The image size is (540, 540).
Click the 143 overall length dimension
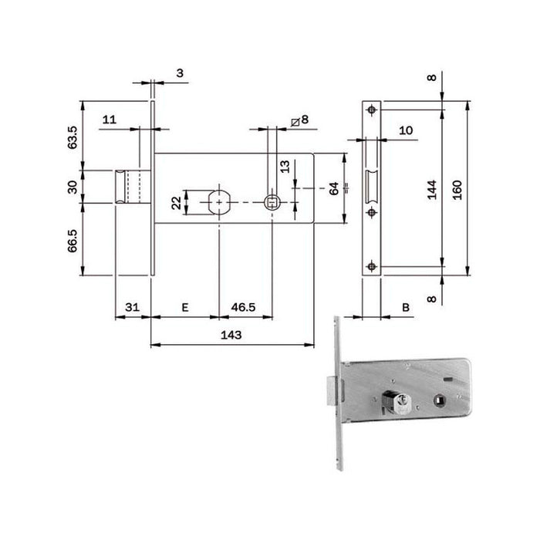[x=231, y=335]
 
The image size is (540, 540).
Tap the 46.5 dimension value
[x=243, y=307]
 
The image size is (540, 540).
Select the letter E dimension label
[x=185, y=307]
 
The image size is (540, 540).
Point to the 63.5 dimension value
[x=73, y=137]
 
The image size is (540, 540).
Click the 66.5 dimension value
[x=73, y=241]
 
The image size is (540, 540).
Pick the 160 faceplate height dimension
[x=457, y=190]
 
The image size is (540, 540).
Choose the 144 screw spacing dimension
[x=432, y=190]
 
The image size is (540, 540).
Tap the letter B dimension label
[x=406, y=307]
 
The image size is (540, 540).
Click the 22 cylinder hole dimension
[x=177, y=203]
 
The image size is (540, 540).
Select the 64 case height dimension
[x=334, y=189]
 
